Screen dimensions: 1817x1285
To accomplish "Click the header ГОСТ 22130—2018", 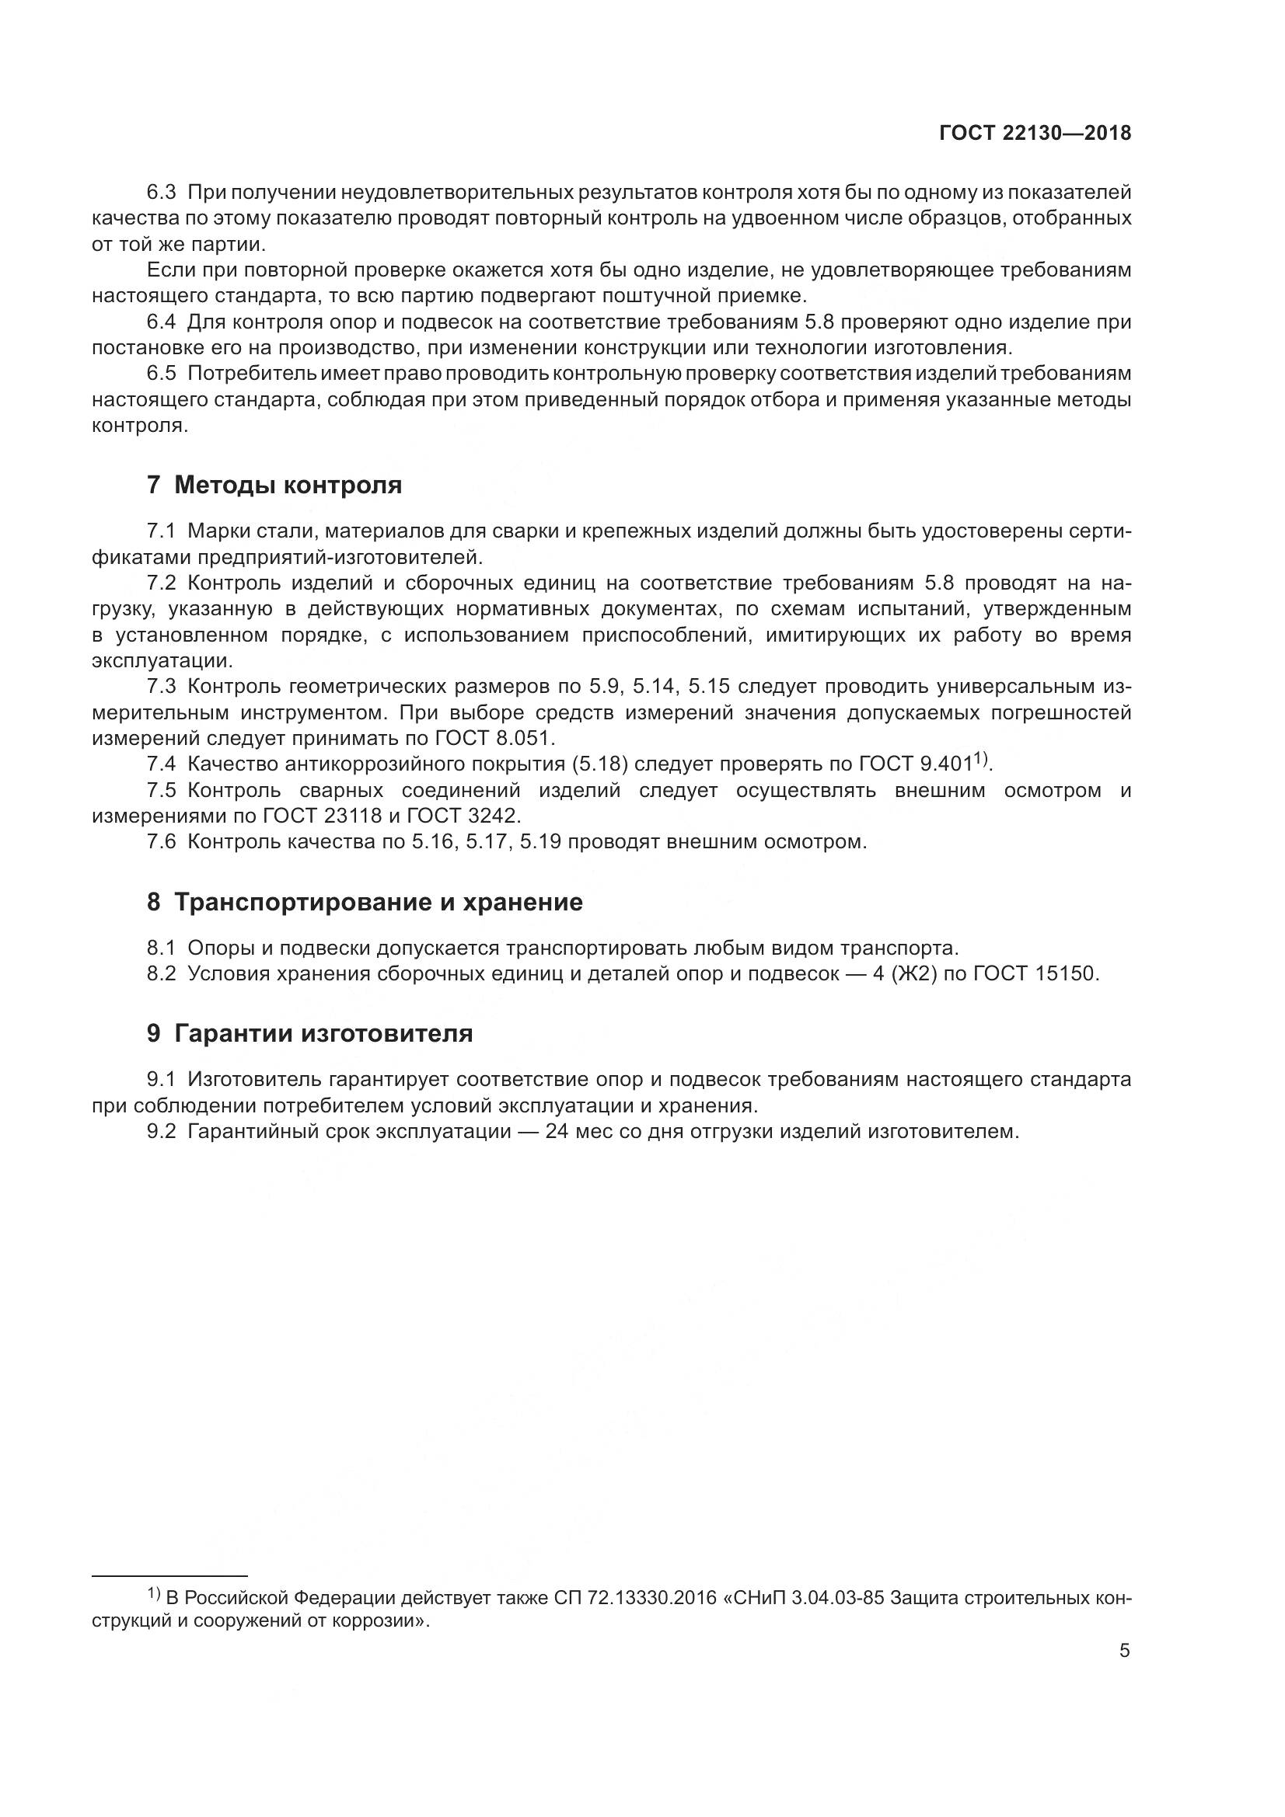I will pyautogui.click(x=1035, y=133).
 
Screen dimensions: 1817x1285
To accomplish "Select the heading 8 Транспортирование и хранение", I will pyautogui.click(x=365, y=901).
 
